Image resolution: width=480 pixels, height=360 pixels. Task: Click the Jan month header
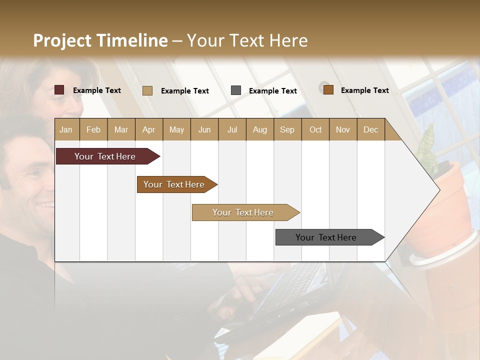tap(66, 129)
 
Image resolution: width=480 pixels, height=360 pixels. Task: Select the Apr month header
tap(149, 129)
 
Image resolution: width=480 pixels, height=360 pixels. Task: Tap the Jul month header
tap(232, 129)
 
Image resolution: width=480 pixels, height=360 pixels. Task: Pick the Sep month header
tap(287, 129)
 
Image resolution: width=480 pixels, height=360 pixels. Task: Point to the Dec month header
tap(370, 129)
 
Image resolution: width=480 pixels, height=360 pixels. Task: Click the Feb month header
tap(93, 129)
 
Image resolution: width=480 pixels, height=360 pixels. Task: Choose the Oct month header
tap(315, 129)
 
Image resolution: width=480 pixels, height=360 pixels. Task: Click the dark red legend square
tap(59, 90)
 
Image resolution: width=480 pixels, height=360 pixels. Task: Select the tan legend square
tap(147, 90)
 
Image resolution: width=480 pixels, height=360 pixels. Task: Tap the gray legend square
tap(236, 90)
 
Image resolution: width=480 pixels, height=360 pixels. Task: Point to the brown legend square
tap(328, 90)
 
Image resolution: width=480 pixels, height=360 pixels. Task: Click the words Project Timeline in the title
tap(100, 40)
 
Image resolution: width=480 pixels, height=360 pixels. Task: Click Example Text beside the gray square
tap(272, 91)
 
